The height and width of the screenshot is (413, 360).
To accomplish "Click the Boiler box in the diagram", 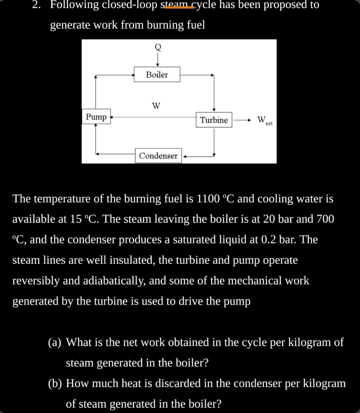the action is (x=157, y=74).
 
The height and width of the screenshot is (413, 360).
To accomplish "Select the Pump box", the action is (x=96, y=117).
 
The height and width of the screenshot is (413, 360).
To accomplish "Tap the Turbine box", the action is (x=214, y=120).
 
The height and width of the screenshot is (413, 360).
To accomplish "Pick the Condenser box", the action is (x=158, y=156).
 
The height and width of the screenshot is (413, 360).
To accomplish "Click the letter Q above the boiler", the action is (x=158, y=47).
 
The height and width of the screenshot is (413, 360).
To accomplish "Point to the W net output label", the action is (x=265, y=121).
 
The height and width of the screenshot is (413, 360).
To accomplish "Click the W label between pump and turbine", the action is (x=156, y=106).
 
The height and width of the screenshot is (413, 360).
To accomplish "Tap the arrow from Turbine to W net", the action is (x=241, y=120).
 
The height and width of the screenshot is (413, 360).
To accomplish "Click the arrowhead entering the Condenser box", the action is (x=184, y=156).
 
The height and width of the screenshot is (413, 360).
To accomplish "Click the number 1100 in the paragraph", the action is (x=208, y=198).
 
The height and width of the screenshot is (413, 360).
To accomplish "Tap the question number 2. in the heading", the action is (x=36, y=4).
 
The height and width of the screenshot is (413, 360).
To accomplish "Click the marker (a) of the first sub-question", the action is (x=55, y=342).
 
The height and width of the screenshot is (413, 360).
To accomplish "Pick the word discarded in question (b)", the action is (x=180, y=383).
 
